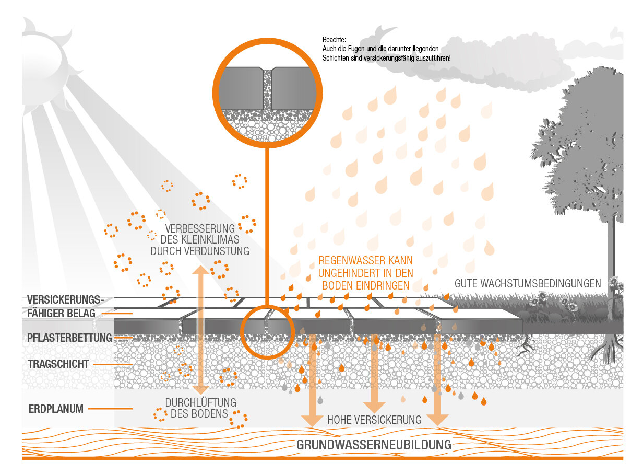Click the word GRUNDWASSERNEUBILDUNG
tap(373, 445)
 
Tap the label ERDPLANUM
tap(56, 409)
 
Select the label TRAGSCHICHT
tap(58, 364)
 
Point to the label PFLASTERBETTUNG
tap(69, 338)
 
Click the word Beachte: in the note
tap(335, 40)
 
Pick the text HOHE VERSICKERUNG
tap(374, 420)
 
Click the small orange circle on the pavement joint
tap(267, 331)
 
